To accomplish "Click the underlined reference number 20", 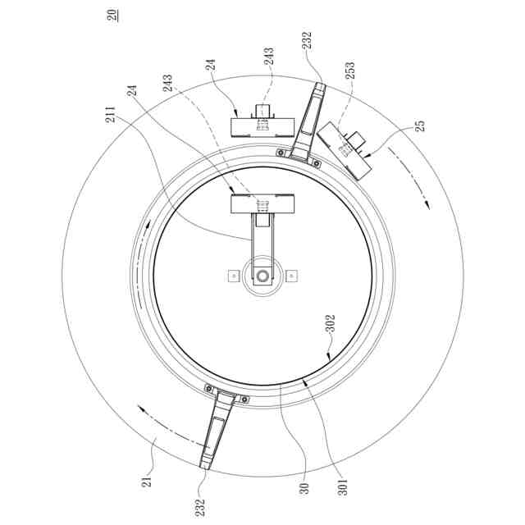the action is pos(112,16).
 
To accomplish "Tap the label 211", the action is pos(111,115).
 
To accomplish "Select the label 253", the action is pos(350,71).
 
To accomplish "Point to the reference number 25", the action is pos(420,126).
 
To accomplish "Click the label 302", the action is pos(331,323).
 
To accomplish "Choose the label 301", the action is pos(343,487).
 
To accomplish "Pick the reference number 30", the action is pos(304,489).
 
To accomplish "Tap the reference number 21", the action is pos(147,482).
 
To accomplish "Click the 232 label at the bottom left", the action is pos(200,508).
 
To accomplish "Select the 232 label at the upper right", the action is pos(307,40).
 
